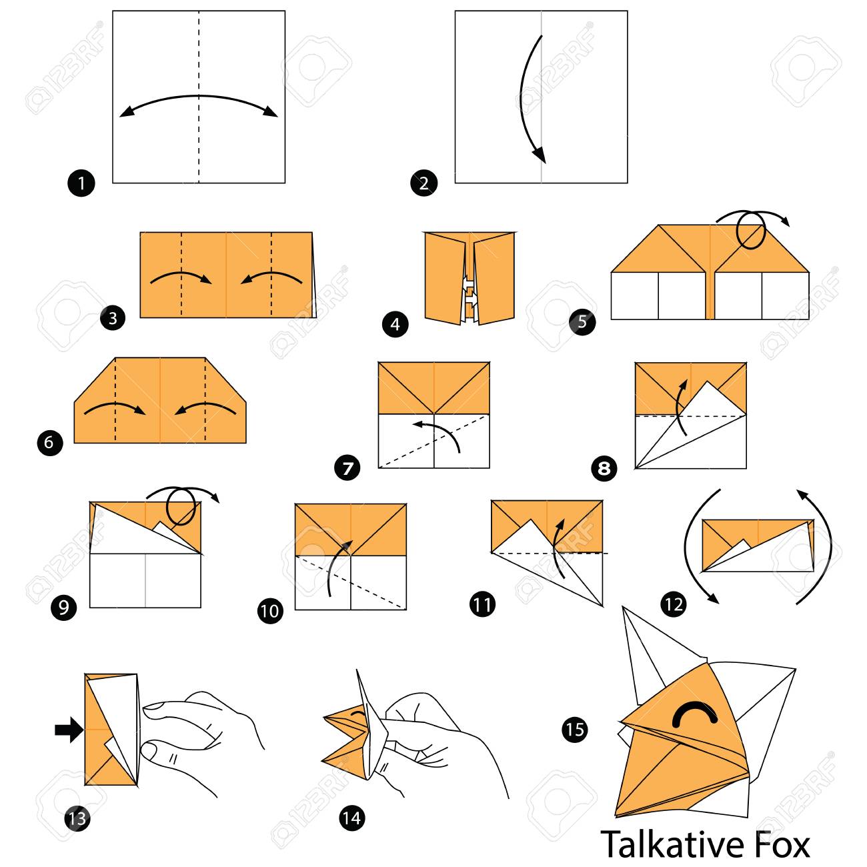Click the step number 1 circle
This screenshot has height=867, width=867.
pos(81,183)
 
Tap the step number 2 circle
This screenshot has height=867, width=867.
pos(423,183)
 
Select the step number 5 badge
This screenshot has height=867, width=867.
pos(582,321)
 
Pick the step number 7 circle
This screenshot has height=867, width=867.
pos(347,468)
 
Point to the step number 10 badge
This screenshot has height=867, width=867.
pos(270,610)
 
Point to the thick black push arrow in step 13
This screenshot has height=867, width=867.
pos(69,730)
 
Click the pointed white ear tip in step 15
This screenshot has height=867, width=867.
pos(624,608)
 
